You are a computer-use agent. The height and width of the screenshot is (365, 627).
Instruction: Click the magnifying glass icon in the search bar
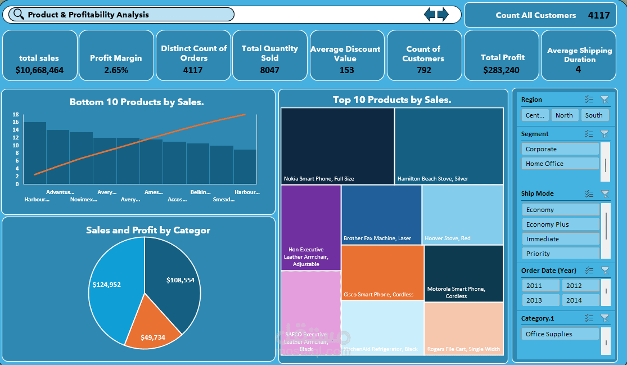pyautogui.click(x=19, y=15)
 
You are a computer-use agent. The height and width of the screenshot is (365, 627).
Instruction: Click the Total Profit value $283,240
pyautogui.click(x=503, y=70)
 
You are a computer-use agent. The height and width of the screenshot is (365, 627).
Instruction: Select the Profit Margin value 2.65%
pyautogui.click(x=116, y=70)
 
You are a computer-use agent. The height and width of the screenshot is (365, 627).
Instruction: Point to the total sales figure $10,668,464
pyautogui.click(x=40, y=70)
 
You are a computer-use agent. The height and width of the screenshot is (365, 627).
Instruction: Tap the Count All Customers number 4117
pyautogui.click(x=599, y=15)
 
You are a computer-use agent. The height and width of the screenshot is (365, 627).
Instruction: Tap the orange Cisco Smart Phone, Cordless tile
pyautogui.click(x=382, y=273)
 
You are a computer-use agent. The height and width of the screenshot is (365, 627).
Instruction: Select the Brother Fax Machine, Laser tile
pyautogui.click(x=381, y=214)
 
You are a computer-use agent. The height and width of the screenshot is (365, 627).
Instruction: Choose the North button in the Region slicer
pyautogui.click(x=564, y=115)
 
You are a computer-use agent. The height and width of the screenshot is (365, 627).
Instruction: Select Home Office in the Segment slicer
pyautogui.click(x=560, y=164)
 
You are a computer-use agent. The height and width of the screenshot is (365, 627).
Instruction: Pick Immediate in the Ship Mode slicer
pyautogui.click(x=560, y=239)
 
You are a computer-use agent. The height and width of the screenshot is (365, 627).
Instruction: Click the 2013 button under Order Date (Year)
pyautogui.click(x=540, y=300)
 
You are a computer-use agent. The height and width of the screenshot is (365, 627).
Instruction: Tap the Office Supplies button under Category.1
pyautogui.click(x=560, y=334)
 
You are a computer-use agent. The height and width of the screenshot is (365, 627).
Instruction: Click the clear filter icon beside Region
pyautogui.click(x=605, y=100)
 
